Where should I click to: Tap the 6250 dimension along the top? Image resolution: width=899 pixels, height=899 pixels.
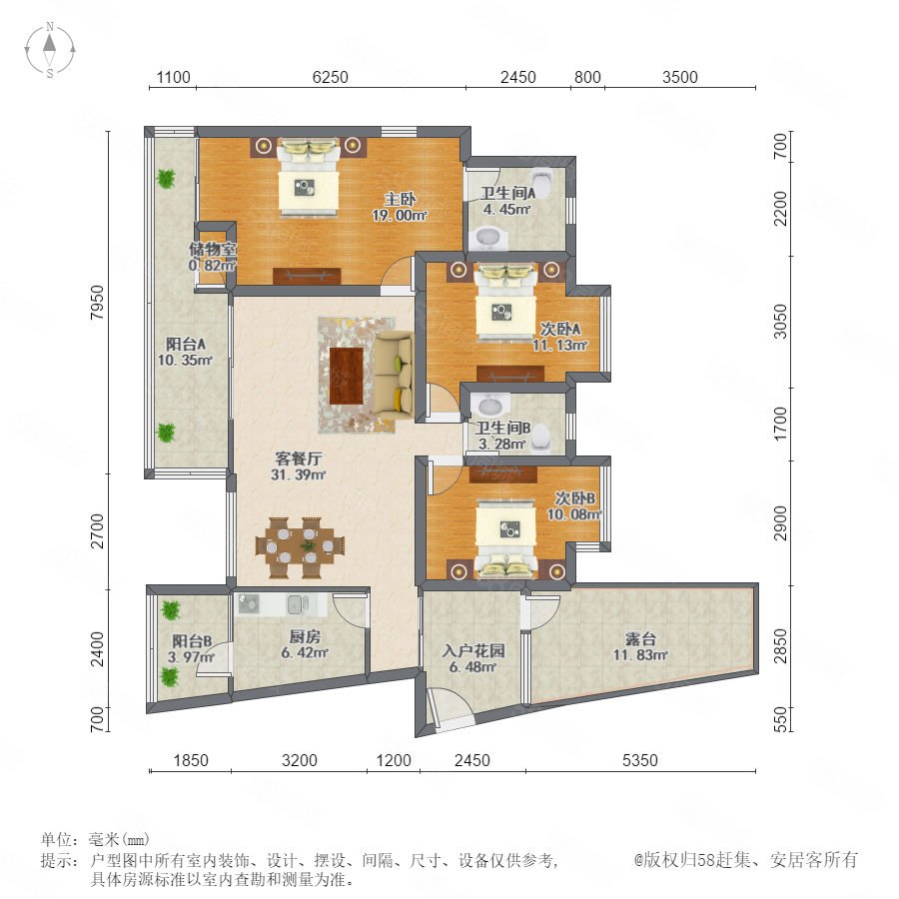coord(331,77)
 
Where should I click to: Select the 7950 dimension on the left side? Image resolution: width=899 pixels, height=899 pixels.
coord(98,302)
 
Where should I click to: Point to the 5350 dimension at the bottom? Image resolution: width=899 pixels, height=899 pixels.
coord(640,760)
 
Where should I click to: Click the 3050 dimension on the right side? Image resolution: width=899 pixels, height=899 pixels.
coord(780,321)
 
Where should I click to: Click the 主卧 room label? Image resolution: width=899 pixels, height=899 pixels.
coord(400,199)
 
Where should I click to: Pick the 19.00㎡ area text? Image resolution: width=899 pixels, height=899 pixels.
coord(400,216)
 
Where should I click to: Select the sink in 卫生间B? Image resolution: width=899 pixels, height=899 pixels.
coord(490,406)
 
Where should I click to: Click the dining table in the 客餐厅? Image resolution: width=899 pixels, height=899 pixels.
coord(300,547)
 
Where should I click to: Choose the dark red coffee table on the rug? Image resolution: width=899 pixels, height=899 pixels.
coord(347,377)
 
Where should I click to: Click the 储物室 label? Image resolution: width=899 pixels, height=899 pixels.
coord(213,249)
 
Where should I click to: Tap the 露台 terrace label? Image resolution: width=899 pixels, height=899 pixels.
coord(640,638)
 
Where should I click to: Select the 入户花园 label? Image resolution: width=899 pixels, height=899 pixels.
coord(473,650)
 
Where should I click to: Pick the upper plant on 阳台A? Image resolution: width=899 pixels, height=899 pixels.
coord(166,179)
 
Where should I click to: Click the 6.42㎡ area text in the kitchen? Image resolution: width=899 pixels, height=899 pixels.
coord(305,652)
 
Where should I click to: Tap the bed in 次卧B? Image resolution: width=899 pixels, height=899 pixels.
coord(506,539)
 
